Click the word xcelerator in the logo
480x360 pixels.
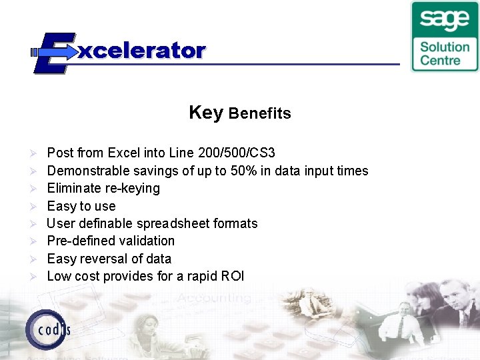[142, 51]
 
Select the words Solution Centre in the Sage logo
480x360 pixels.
[445, 53]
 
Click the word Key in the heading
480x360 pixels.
[205, 112]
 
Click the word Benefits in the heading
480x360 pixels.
[260, 113]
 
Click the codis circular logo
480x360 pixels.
[47, 329]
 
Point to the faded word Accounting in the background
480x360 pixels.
[215, 298]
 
